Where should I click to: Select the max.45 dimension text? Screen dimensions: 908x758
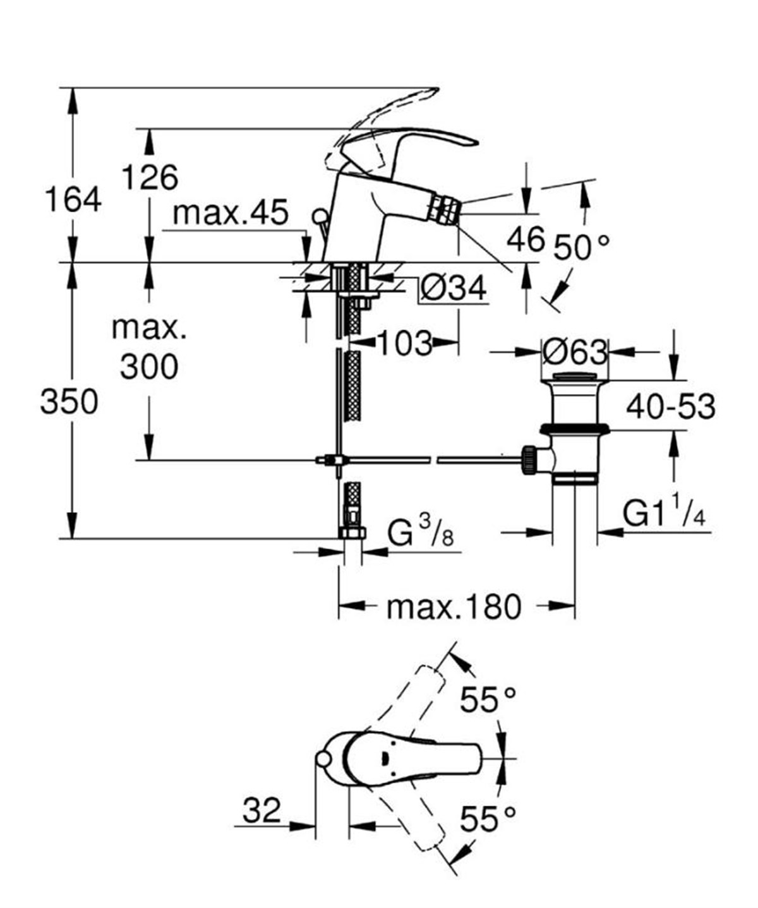click(231, 213)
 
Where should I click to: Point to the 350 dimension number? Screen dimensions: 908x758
click(69, 402)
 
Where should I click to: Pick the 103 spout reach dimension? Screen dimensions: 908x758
click(404, 343)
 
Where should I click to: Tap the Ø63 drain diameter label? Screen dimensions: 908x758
click(574, 351)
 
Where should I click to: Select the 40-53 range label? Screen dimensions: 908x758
click(670, 407)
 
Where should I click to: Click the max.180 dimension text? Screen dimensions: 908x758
click(454, 607)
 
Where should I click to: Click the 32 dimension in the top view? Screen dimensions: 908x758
click(262, 810)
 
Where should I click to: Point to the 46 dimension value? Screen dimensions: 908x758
click(526, 239)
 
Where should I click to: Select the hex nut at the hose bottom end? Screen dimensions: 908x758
click(352, 532)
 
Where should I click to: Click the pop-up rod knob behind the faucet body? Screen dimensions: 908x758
click(320, 218)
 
